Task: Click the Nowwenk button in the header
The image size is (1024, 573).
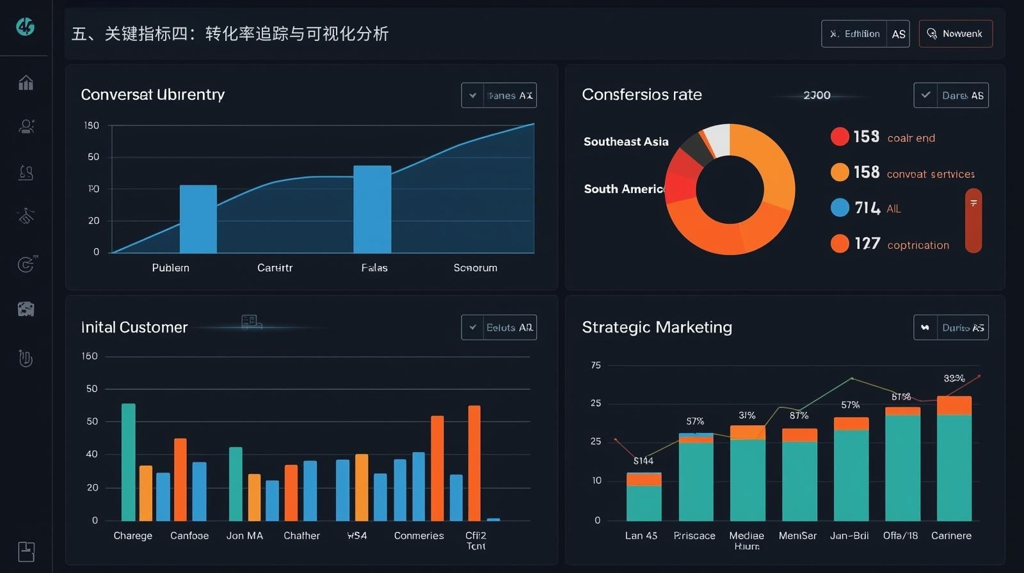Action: (956, 34)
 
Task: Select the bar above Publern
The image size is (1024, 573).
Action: (198, 219)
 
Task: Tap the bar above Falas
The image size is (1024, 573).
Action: (372, 209)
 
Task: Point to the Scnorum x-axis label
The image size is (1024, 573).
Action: (475, 268)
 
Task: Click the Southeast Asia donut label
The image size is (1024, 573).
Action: (625, 142)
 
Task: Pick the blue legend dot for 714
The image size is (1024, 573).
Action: (840, 208)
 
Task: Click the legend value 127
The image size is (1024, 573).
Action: (867, 244)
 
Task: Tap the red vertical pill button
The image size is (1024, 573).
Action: (973, 220)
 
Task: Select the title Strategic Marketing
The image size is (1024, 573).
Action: (657, 327)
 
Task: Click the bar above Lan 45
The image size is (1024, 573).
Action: (643, 497)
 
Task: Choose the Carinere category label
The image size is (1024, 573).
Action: (951, 536)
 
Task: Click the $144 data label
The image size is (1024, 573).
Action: (643, 461)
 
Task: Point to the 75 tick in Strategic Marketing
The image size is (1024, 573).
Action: (596, 366)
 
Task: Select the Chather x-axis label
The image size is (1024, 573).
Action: (301, 536)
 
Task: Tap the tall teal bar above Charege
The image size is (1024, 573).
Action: (129, 462)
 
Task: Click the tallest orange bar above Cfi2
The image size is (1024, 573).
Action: (474, 463)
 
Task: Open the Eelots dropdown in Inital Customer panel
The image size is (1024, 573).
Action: (499, 327)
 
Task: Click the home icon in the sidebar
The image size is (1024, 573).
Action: (26, 82)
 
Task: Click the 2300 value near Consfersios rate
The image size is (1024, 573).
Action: (817, 95)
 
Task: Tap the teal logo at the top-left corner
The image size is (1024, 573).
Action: (26, 27)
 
